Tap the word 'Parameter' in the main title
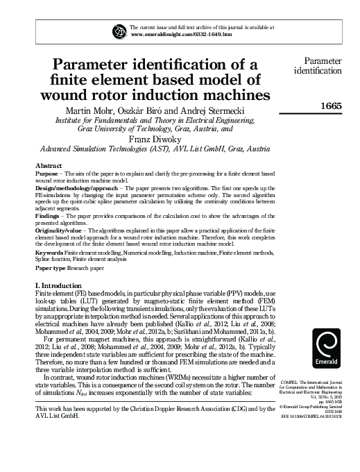114,65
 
